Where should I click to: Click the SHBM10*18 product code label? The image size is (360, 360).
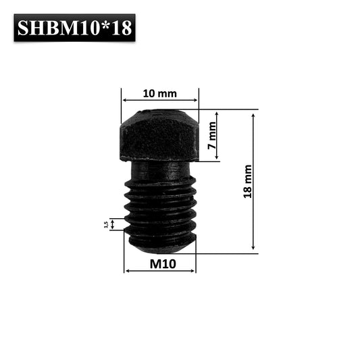pyautogui.click(x=74, y=28)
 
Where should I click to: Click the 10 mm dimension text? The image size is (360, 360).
pyautogui.click(x=160, y=93)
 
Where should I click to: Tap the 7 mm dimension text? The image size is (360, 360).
pyautogui.click(x=211, y=136)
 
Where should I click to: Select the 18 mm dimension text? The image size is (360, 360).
pyautogui.click(x=248, y=181)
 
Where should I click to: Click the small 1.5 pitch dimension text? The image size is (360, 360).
pyautogui.click(x=106, y=224)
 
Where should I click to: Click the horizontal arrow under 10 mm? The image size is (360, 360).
pyautogui.click(x=160, y=101)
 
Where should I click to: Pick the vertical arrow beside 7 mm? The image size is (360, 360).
pyautogui.click(x=217, y=136)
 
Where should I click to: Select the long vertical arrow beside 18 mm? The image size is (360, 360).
pyautogui.click(x=253, y=181)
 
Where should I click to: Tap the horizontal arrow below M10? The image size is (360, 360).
pyautogui.click(x=161, y=271)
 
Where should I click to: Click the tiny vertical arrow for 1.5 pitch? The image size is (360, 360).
pyautogui.click(x=113, y=224)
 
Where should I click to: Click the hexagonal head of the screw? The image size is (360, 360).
pyautogui.click(x=160, y=135)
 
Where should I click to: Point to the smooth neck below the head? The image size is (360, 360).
pyautogui.click(x=160, y=170)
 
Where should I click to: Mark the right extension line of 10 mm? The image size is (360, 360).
pyautogui.click(x=199, y=99)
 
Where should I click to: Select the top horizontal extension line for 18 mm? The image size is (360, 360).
pyautogui.click(x=230, y=109)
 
